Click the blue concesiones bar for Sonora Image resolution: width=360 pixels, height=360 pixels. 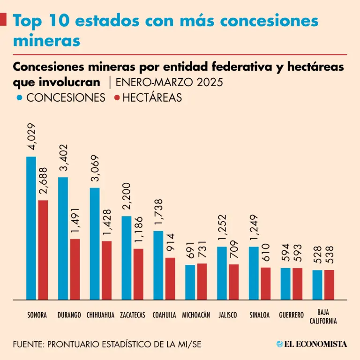tap(31, 228)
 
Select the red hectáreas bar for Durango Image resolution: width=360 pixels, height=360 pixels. tap(75, 269)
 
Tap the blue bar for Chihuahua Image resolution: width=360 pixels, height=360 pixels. tap(95, 243)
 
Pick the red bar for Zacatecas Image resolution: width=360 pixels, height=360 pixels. tap(138, 274)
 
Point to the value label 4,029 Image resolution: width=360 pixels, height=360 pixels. tap(31, 136)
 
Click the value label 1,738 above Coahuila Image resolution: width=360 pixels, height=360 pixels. tap(158, 211)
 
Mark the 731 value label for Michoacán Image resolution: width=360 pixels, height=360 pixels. tap(202, 248)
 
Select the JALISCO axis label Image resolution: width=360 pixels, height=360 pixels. tap(228, 315)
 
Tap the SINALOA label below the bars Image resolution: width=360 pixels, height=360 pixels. tap(260, 315)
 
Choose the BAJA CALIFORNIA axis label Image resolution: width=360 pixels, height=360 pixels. tap(323, 316)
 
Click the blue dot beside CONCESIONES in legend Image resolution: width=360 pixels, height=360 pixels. tap(20, 98)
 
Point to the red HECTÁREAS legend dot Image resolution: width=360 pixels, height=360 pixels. tap(118, 98)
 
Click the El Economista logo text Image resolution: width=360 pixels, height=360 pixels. tap(312, 344)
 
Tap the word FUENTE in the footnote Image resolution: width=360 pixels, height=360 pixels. tap(28, 344)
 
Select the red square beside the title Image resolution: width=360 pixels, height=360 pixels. tap(3, 19)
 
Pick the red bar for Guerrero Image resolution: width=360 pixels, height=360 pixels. tap(297, 284)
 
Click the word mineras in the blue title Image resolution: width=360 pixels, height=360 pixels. tap(46, 41)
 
